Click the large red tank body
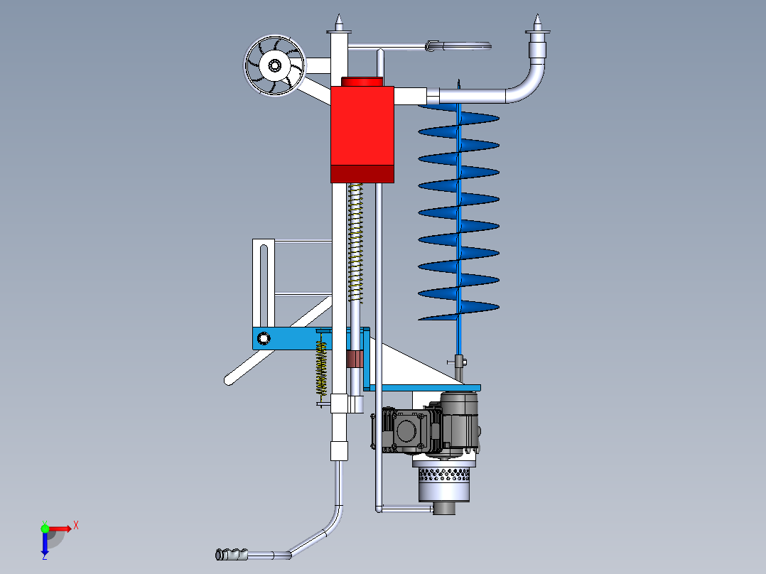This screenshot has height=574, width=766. pos(362,126)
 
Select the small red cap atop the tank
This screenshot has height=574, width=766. pos(361,82)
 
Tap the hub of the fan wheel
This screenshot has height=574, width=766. pos(274,65)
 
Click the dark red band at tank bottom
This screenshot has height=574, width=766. pos(362,174)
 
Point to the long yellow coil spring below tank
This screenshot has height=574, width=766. pos(355,243)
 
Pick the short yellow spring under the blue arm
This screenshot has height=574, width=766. pos(321,368)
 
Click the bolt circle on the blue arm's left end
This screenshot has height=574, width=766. pos(264,338)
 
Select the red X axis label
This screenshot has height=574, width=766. pos(76,526)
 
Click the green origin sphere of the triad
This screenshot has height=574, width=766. pos(45,529)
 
